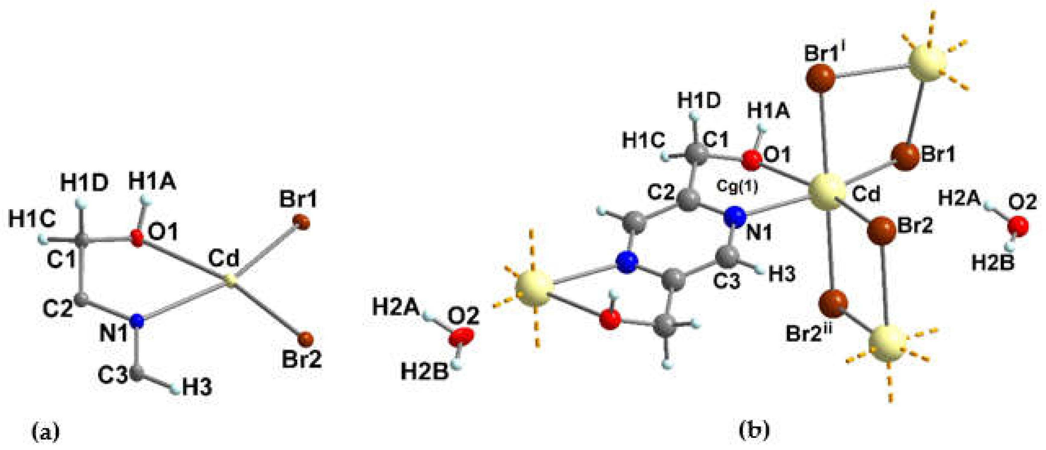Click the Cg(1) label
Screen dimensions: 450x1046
click(x=737, y=187)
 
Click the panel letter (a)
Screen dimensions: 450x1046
click(x=45, y=431)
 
